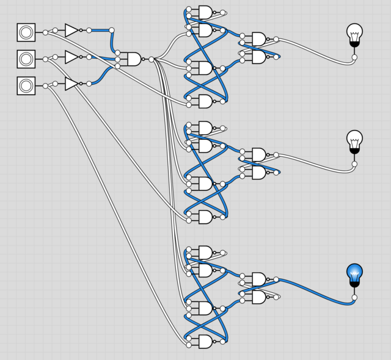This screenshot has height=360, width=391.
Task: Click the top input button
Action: pos(26,32)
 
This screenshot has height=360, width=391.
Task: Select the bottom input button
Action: pos(26,86)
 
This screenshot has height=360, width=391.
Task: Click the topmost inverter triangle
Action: pos(71,30)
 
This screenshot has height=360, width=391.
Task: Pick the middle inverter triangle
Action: pos(71,57)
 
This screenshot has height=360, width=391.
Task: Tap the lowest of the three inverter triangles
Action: pos(71,84)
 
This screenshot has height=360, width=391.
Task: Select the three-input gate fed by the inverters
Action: pos(133,59)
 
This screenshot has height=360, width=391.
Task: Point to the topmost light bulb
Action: pos(354,33)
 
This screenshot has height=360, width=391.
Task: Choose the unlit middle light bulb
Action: pos(354,140)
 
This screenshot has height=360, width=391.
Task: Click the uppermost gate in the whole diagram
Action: pos(205,12)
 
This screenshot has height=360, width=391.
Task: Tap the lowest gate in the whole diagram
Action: pos(205,342)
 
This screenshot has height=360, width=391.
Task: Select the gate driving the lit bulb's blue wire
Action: pos(259,279)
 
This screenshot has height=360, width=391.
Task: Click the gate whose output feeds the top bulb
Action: pos(259,39)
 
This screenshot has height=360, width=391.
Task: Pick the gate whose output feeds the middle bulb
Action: pos(259,154)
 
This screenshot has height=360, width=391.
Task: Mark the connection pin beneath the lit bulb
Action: pos(354,298)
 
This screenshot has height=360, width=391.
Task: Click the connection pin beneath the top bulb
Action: pos(354,57)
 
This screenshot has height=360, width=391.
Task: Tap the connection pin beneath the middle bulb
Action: pos(354,164)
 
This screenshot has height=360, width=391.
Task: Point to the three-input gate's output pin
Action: pos(152,59)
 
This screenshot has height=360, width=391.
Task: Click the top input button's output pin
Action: pos(45,32)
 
